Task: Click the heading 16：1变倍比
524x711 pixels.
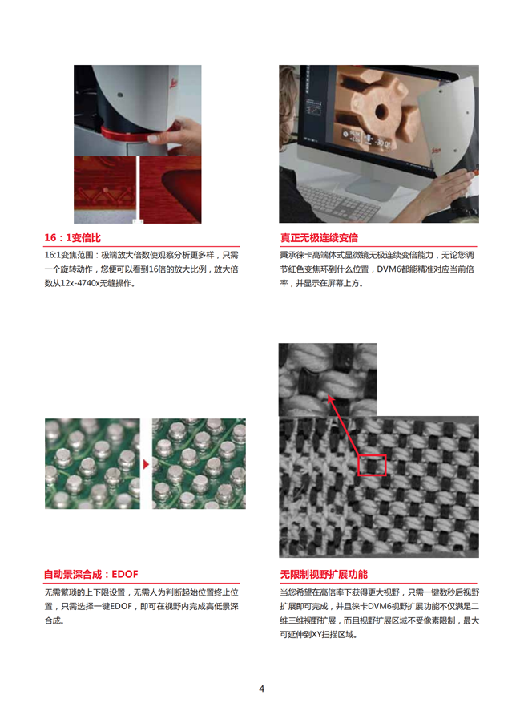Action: (73, 237)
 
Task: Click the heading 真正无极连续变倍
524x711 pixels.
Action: (319, 237)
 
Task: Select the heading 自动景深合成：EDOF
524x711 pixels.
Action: (91, 574)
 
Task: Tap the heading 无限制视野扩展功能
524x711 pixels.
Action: (324, 574)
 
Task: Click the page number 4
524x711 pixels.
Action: (261, 689)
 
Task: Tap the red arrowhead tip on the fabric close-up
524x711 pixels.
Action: (329, 396)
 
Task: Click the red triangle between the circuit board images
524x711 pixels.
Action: (146, 464)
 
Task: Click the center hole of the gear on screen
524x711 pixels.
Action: (381, 111)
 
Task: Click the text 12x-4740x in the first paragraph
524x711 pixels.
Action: (81, 283)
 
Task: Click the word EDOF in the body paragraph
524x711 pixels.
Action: (121, 606)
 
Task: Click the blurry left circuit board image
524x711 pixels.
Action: (92, 463)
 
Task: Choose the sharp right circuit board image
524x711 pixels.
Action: (199, 463)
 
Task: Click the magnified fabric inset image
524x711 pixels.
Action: (327, 379)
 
